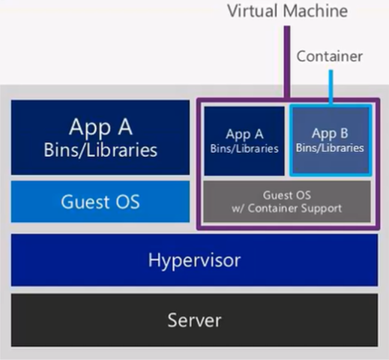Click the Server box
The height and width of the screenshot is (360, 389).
(194, 320)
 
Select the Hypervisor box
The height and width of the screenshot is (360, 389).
(194, 260)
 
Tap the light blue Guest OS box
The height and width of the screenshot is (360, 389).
(100, 202)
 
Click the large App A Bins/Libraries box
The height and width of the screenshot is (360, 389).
(100, 136)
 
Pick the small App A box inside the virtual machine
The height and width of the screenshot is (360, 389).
(244, 141)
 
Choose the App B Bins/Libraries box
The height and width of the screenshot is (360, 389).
(330, 140)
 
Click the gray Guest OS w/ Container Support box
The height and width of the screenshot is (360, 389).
(287, 200)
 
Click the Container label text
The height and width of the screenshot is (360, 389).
(329, 56)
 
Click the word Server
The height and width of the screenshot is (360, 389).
(194, 321)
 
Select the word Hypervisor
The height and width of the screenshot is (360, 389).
(194, 260)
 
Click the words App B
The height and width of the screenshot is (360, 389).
(330, 133)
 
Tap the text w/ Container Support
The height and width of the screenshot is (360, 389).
(287, 207)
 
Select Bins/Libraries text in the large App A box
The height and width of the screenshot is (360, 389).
(100, 149)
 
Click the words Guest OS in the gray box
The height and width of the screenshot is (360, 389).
(287, 193)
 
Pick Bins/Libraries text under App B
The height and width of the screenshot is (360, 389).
(330, 148)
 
